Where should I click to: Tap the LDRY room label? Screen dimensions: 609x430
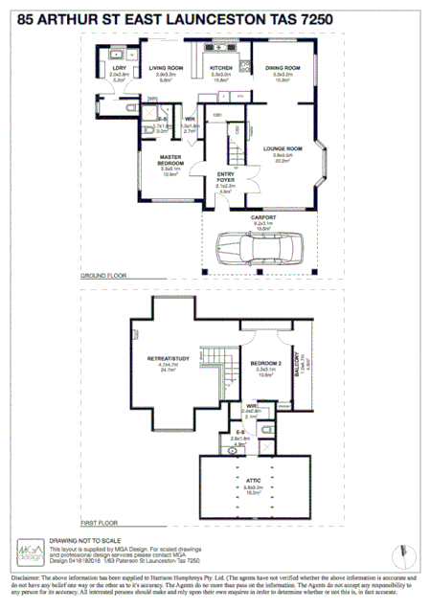click(x=119, y=68)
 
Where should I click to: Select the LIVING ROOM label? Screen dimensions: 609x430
click(x=165, y=68)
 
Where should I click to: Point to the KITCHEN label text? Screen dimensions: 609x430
click(x=221, y=68)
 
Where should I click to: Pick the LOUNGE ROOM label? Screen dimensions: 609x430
click(x=283, y=148)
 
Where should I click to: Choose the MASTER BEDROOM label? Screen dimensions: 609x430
click(x=170, y=160)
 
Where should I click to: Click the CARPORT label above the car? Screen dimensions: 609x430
click(x=263, y=218)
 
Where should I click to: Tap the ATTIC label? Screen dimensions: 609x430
click(x=253, y=480)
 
